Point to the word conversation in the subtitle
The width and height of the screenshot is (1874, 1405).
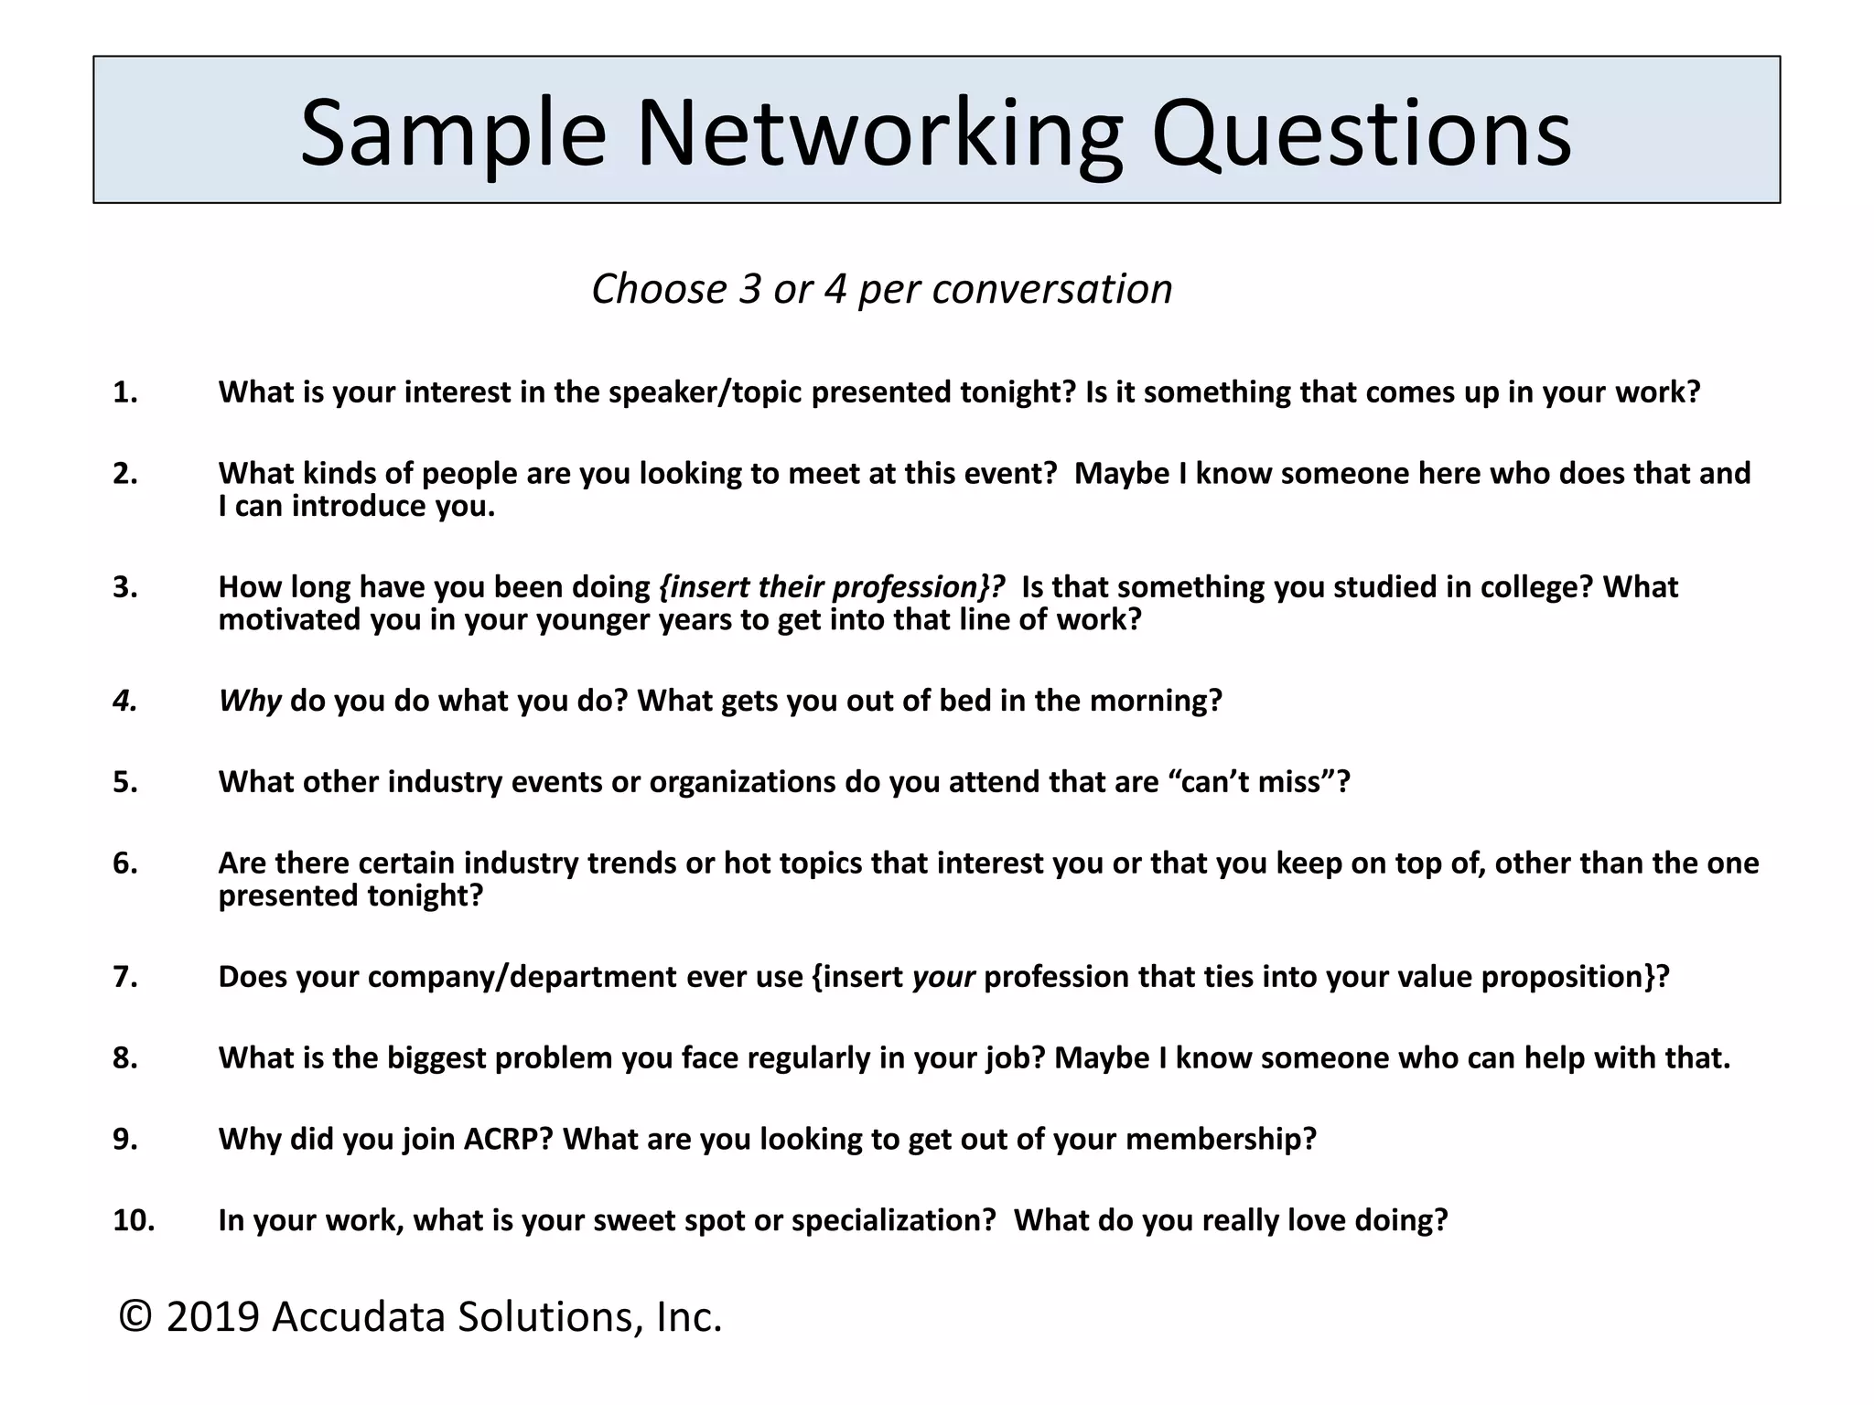[1051, 289]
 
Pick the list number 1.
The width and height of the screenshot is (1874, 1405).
[125, 392]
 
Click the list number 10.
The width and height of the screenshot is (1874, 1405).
[134, 1220]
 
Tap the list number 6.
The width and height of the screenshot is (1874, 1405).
[125, 863]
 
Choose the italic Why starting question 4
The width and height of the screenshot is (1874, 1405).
[249, 701]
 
